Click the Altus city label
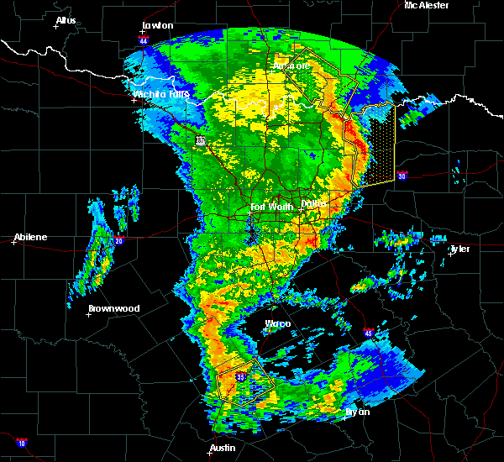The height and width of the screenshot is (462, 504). click(66, 20)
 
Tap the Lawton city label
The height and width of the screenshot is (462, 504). click(157, 25)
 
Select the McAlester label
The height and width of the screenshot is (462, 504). click(426, 5)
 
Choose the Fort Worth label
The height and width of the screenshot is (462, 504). click(270, 206)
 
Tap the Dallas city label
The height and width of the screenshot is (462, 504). click(315, 202)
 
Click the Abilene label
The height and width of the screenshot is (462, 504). click(29, 237)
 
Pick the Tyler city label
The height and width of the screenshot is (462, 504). click(459, 249)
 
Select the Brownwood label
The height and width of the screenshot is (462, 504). click(113, 308)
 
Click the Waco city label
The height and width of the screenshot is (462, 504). click(278, 323)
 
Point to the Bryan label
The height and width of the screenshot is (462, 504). click(357, 412)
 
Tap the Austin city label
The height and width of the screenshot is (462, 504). click(223, 448)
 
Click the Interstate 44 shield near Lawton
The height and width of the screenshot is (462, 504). click(144, 39)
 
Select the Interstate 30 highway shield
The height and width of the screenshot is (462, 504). click(402, 176)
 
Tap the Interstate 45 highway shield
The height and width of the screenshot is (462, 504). click(368, 333)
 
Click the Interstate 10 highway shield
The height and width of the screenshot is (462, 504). click(21, 442)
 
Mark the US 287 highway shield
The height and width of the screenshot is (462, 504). click(200, 140)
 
